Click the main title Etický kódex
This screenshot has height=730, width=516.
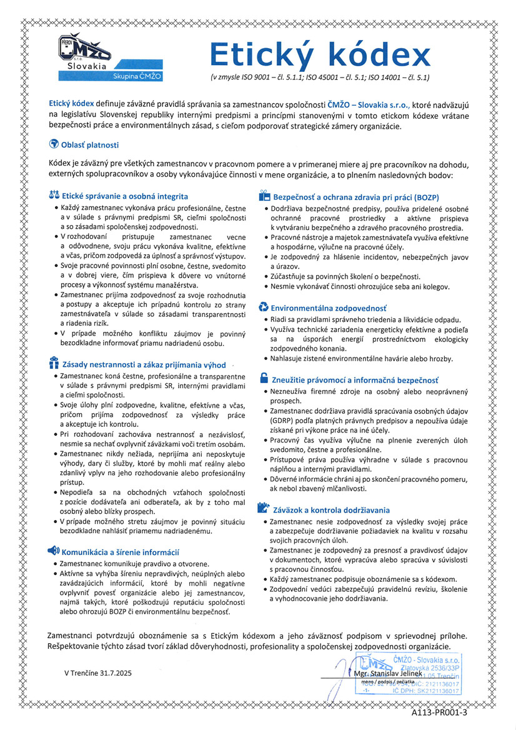tap(319, 55)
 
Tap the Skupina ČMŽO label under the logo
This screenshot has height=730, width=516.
tap(137, 76)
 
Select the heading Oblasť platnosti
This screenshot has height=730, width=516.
tap(89, 145)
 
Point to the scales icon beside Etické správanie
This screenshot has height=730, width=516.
tap(54, 196)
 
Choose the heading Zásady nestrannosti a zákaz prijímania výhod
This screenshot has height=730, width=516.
tap(144, 364)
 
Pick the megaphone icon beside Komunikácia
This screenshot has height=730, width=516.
tap(54, 551)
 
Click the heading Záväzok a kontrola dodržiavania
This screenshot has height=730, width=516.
tap(330, 510)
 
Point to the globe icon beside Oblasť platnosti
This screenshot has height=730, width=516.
tap(54, 144)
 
